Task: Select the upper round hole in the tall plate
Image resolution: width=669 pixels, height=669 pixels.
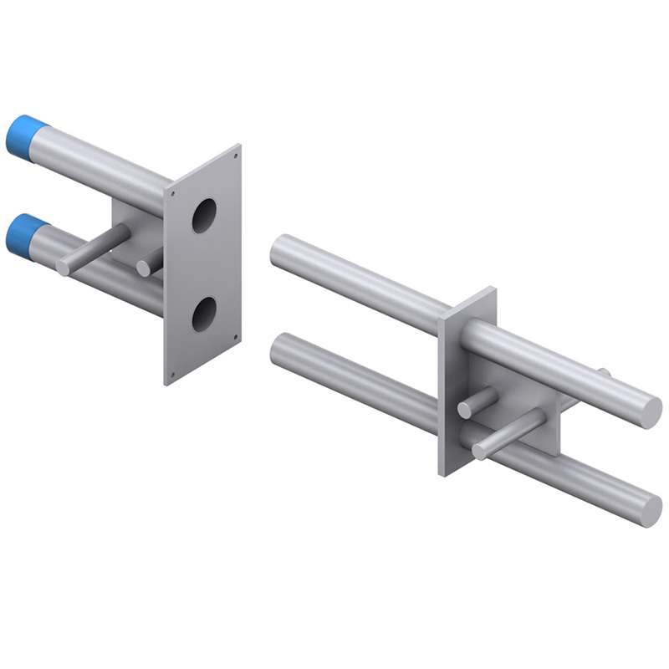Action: (203, 215)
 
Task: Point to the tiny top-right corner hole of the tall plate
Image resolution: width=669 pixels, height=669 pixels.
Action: (236, 156)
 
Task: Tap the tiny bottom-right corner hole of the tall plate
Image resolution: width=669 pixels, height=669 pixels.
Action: (236, 337)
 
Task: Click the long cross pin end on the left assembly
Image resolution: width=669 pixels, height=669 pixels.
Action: (64, 267)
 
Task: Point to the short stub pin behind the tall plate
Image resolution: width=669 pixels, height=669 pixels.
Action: (145, 268)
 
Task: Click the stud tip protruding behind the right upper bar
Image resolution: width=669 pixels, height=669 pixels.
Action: (605, 373)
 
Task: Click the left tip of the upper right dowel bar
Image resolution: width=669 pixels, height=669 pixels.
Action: (278, 248)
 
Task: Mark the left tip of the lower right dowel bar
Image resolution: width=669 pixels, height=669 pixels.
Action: (278, 347)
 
